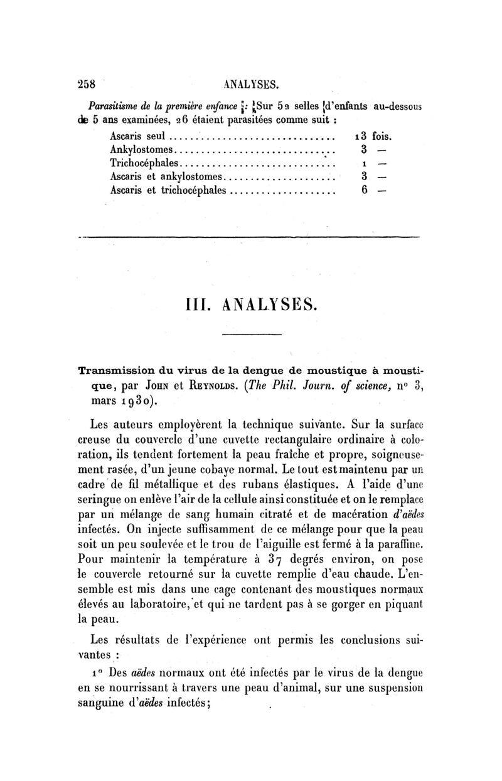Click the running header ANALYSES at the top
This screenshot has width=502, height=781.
[x=251, y=83]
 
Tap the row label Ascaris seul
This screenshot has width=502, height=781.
[x=137, y=135]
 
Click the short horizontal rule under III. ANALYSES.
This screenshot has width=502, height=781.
[x=251, y=334]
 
